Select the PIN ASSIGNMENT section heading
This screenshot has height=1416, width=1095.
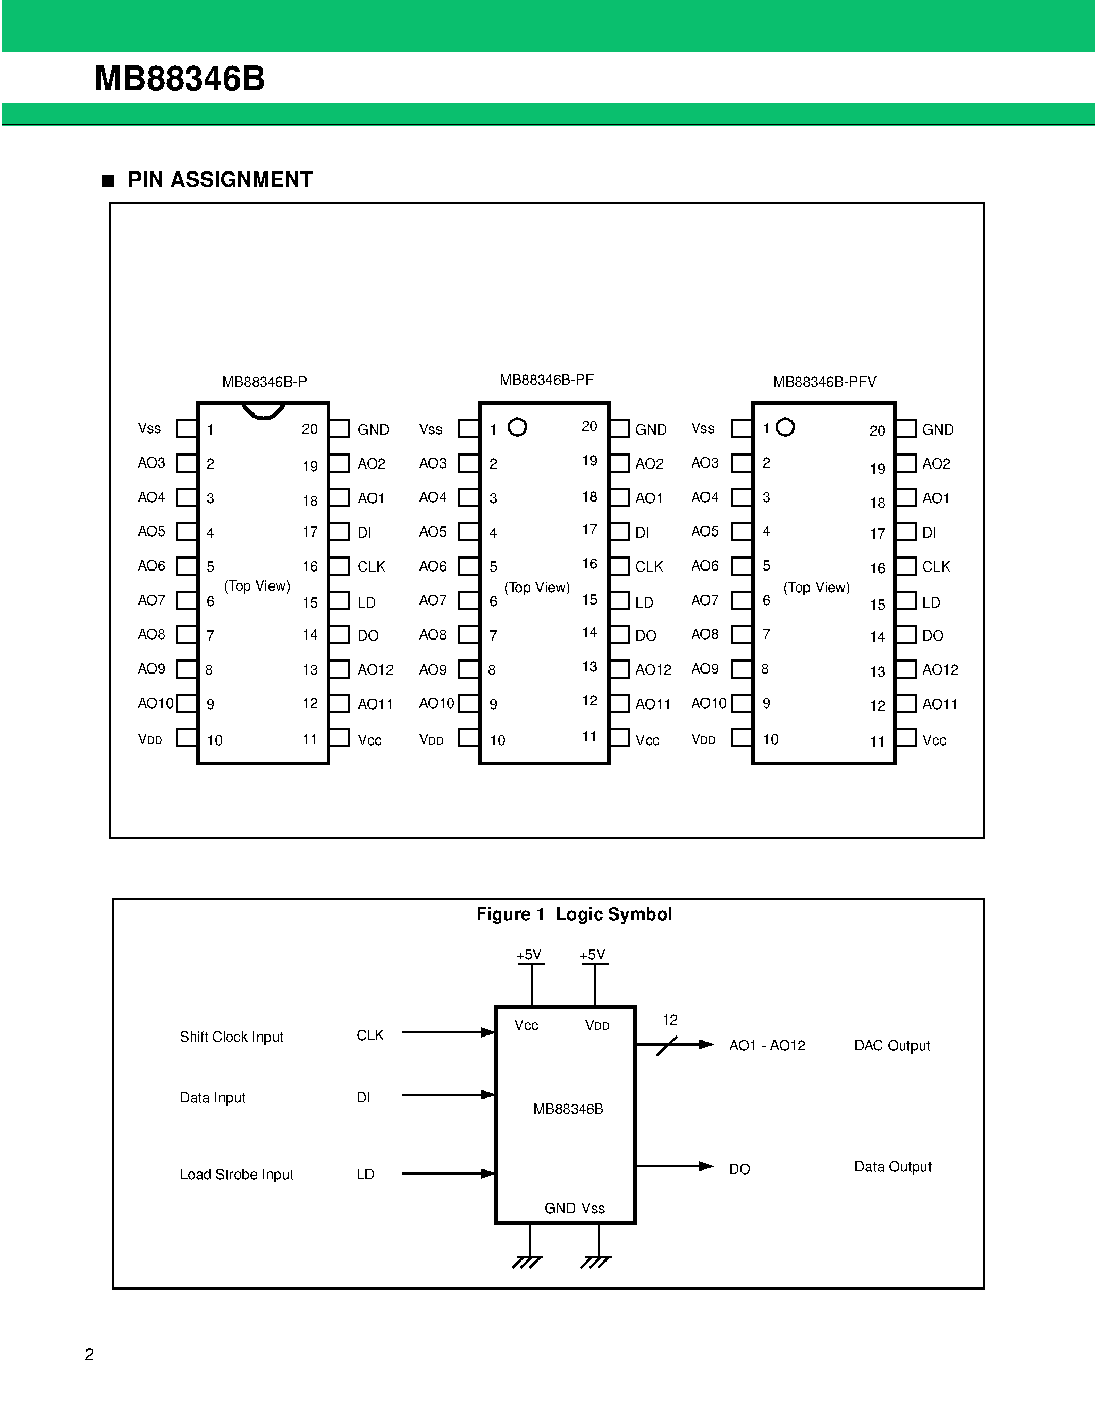[x=220, y=180]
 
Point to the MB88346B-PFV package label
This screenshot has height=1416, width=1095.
[x=824, y=382]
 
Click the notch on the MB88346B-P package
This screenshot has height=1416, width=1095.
[x=263, y=412]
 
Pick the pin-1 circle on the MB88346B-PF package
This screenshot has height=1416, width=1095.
[x=517, y=427]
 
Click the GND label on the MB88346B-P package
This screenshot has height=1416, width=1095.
[x=373, y=430]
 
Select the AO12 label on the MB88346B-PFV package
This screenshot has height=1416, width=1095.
[x=940, y=670]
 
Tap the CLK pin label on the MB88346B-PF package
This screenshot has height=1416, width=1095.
[x=649, y=567]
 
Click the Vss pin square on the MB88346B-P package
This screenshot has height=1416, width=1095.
[x=186, y=428]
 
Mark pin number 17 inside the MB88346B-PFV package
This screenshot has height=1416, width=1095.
[x=877, y=533]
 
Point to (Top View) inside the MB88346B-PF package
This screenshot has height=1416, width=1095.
[x=537, y=588]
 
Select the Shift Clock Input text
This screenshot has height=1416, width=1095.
[x=231, y=1037]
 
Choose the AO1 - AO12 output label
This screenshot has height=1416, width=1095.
[x=767, y=1045]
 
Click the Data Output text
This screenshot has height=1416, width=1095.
[x=892, y=1166]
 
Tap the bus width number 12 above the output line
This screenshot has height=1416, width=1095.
[x=669, y=1020]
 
